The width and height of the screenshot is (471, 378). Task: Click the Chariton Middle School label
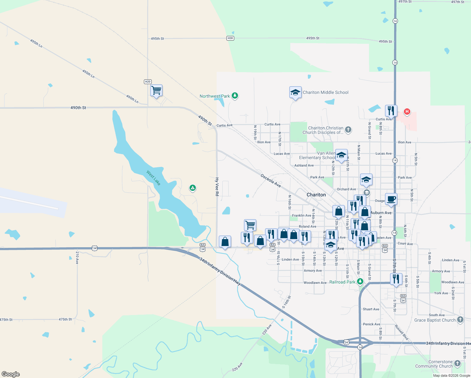(x=326, y=92)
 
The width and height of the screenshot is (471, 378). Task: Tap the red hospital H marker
(x=407, y=112)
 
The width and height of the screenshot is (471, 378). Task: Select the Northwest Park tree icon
(x=235, y=96)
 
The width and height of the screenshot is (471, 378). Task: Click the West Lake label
(x=153, y=178)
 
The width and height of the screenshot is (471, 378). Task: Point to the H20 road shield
(x=148, y=82)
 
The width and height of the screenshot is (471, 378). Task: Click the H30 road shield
(x=230, y=38)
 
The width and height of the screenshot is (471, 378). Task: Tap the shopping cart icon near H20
(x=156, y=90)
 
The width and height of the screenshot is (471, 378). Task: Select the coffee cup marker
(x=391, y=199)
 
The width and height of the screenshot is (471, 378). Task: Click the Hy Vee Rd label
(x=217, y=186)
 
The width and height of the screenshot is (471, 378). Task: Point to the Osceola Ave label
(x=271, y=180)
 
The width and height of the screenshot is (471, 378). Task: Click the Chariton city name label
(x=316, y=195)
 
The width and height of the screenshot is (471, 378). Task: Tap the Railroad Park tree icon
(x=360, y=282)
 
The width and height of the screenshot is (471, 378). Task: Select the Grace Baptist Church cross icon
(x=460, y=320)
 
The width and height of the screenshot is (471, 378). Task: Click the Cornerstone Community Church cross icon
(x=457, y=364)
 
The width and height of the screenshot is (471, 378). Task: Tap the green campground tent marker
(x=193, y=188)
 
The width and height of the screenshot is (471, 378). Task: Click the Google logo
(x=11, y=374)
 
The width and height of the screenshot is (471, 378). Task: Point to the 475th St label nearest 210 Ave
(x=65, y=319)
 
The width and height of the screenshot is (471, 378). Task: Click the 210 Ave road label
(x=77, y=257)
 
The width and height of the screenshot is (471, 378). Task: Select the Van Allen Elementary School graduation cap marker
(x=341, y=155)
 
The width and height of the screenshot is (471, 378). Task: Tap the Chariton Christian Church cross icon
(x=348, y=129)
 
